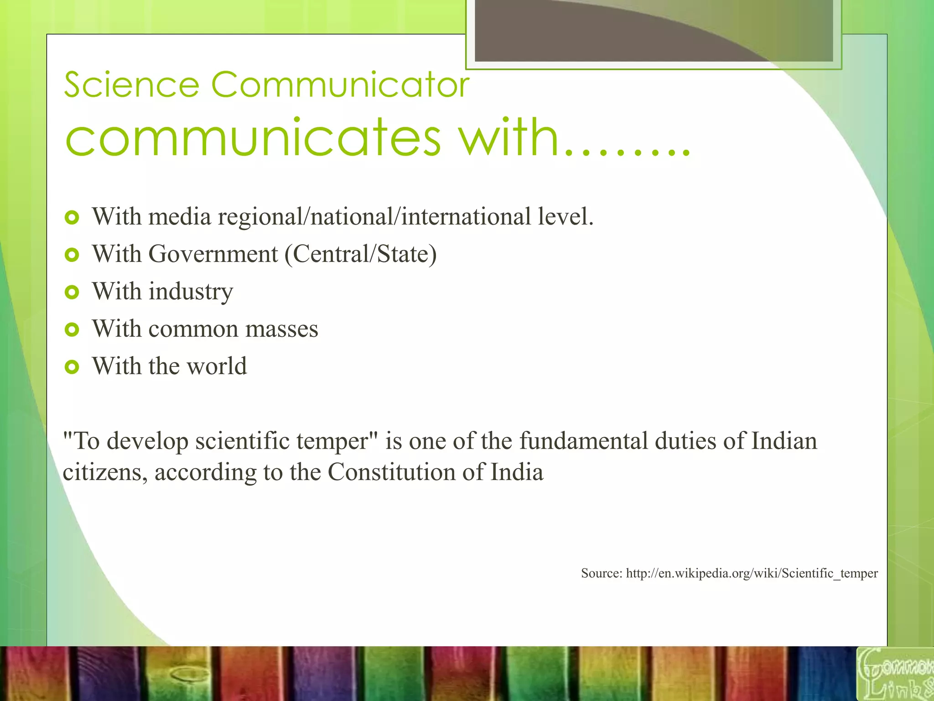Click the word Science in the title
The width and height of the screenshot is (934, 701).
point(131,85)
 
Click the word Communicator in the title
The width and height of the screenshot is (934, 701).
point(340,85)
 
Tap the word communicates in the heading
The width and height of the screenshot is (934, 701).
point(253,137)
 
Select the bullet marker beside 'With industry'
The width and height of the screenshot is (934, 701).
point(72,292)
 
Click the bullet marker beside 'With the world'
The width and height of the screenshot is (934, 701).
point(72,366)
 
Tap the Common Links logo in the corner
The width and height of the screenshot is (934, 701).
point(895,674)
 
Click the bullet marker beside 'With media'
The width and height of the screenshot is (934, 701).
point(72,217)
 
